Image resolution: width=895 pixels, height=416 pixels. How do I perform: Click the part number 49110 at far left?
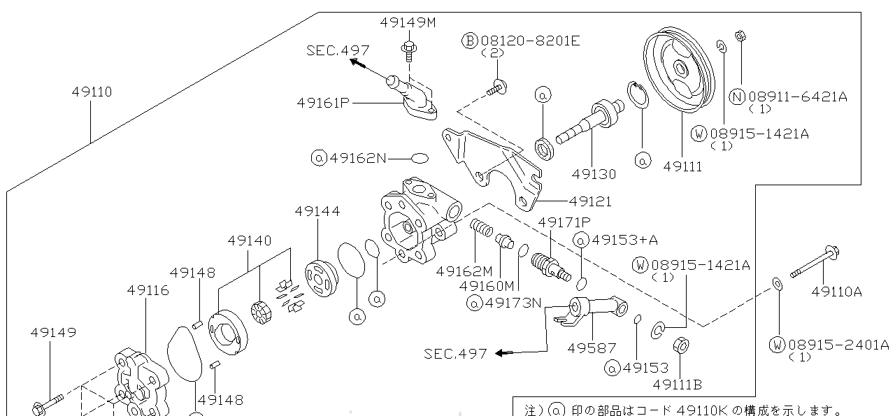(x=92, y=92)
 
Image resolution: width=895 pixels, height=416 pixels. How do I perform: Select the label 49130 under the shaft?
(x=594, y=174)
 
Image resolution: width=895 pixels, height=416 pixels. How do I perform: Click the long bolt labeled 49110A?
(x=814, y=263)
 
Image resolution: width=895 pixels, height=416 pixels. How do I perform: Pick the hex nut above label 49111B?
(x=681, y=346)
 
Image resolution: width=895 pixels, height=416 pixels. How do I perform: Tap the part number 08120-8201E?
(x=530, y=41)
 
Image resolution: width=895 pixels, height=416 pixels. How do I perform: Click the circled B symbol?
(x=469, y=41)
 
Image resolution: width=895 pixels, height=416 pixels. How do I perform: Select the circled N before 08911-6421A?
(x=737, y=97)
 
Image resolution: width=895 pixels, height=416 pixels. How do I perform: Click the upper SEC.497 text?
(x=338, y=50)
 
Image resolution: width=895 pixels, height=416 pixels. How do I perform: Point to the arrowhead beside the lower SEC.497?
(x=500, y=353)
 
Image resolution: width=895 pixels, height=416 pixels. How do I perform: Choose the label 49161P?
(x=322, y=103)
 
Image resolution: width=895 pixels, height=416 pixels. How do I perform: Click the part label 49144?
(x=317, y=210)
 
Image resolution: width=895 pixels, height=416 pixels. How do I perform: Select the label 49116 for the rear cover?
(x=148, y=289)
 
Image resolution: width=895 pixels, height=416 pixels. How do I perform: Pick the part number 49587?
(x=592, y=347)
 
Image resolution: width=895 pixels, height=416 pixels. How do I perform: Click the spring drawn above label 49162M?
(x=480, y=228)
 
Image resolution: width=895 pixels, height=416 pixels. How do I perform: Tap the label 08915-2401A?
(x=838, y=345)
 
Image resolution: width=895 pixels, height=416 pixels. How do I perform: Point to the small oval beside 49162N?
(x=420, y=158)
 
